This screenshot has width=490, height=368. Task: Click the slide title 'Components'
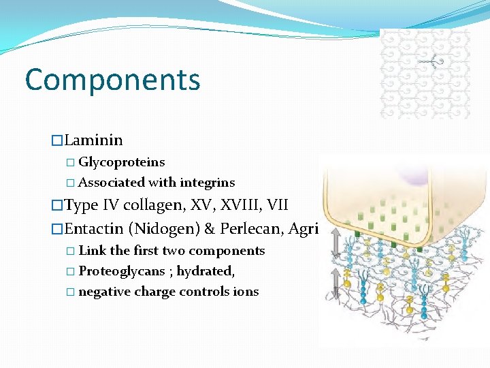pyautogui.click(x=112, y=80)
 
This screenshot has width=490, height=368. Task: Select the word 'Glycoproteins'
pyautogui.click(x=122, y=162)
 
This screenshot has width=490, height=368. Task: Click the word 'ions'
pyautogui.click(x=246, y=292)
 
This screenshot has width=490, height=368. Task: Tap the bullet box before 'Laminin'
pyautogui.click(x=57, y=141)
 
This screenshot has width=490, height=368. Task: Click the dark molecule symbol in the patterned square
pyautogui.click(x=431, y=62)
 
